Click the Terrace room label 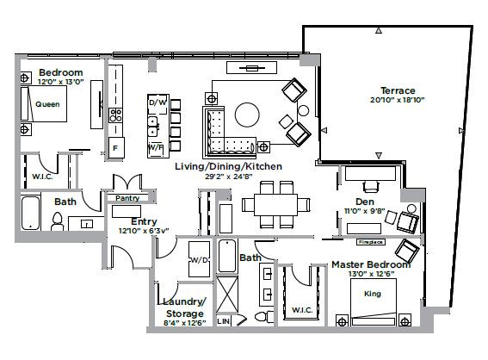[x=398, y=90]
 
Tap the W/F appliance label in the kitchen [x=157, y=147]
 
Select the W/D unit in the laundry [x=199, y=259]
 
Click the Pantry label [x=127, y=197]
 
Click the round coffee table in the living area [x=247, y=115]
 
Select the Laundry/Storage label [x=184, y=307]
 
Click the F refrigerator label [x=115, y=147]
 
